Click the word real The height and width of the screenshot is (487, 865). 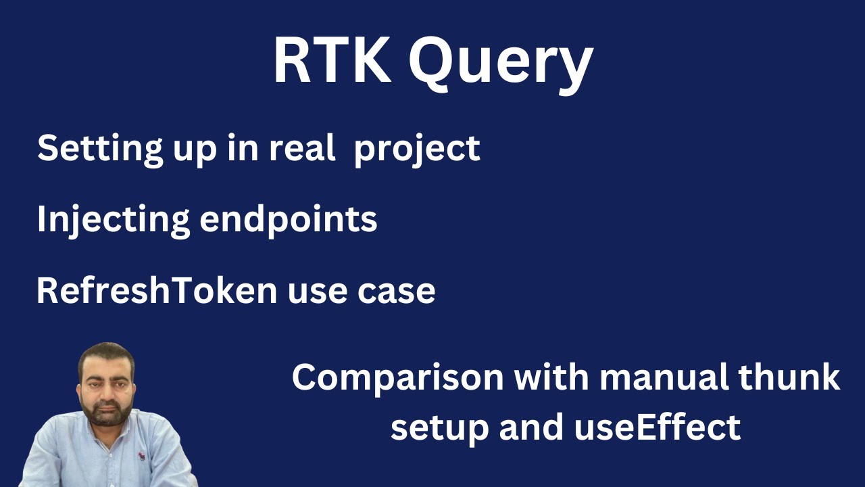point(302,147)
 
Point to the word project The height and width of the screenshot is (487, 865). point(417,149)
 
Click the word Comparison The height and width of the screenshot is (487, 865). point(398,378)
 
